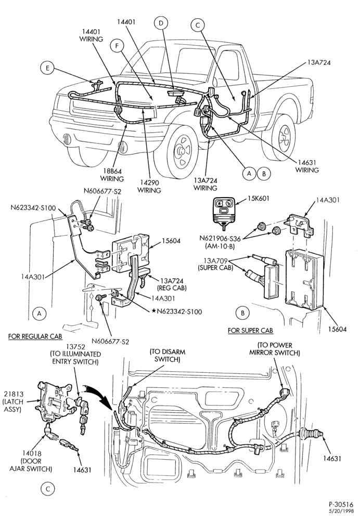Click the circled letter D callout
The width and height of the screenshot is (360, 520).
point(161,23)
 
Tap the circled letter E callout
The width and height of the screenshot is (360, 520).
point(47,68)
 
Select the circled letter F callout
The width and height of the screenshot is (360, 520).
point(117,47)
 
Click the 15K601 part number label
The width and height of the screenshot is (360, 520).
point(259,199)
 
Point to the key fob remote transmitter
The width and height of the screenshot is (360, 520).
point(224,212)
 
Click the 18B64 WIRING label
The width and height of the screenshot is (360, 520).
point(112,175)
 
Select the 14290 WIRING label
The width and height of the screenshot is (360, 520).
point(149,187)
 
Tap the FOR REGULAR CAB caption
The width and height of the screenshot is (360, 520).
point(35,336)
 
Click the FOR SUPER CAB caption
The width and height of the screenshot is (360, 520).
point(251,330)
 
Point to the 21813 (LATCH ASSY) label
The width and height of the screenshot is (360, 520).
point(14,401)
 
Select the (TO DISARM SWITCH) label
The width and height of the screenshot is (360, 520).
point(167,355)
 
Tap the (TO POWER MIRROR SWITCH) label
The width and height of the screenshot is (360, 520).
point(274,349)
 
